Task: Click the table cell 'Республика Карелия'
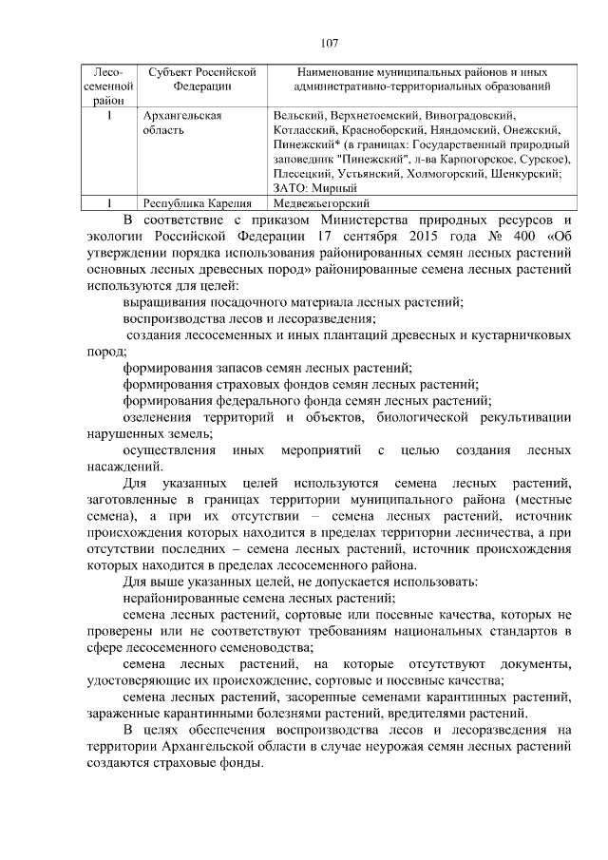point(197,202)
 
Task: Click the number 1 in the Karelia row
point(110,202)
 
